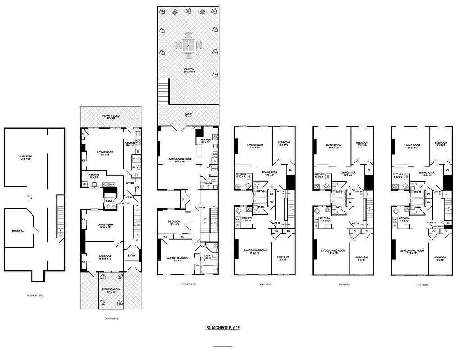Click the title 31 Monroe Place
point(220,328)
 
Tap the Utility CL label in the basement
point(18,231)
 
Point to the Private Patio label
point(111,117)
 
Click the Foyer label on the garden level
point(130,183)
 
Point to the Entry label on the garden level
point(132,256)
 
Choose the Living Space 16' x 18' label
point(105,153)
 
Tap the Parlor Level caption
point(187,284)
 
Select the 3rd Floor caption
point(344,284)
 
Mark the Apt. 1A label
point(201,207)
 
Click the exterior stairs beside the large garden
point(163,90)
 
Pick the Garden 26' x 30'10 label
point(188,71)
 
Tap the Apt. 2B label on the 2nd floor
point(276,223)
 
